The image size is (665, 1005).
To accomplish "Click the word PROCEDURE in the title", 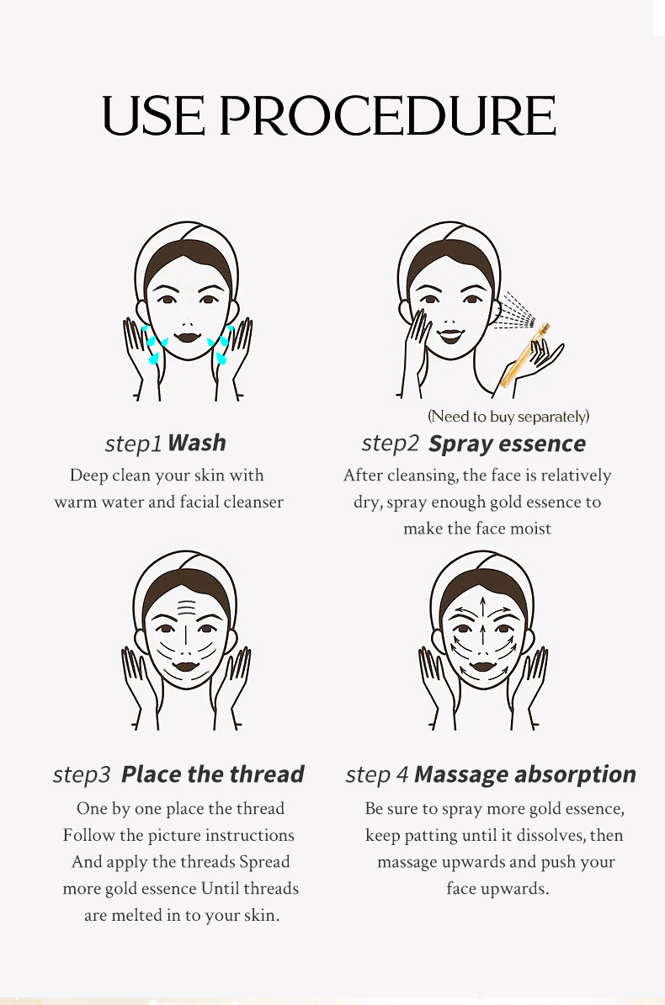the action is pyautogui.click(x=387, y=116).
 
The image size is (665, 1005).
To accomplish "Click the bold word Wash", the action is pyautogui.click(x=197, y=443).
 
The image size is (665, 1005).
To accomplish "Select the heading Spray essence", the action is pyautogui.click(x=507, y=444).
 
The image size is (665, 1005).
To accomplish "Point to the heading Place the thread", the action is pyautogui.click(x=212, y=774).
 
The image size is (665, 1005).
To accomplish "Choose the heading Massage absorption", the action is pyautogui.click(x=525, y=775).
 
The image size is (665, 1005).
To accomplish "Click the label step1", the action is pyautogui.click(x=133, y=444).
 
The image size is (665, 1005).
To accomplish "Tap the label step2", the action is pyautogui.click(x=390, y=444).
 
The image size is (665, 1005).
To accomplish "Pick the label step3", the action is pyautogui.click(x=82, y=775).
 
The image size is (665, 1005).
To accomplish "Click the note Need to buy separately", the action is pyautogui.click(x=508, y=417).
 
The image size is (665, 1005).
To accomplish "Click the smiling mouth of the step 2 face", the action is pyautogui.click(x=450, y=335).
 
